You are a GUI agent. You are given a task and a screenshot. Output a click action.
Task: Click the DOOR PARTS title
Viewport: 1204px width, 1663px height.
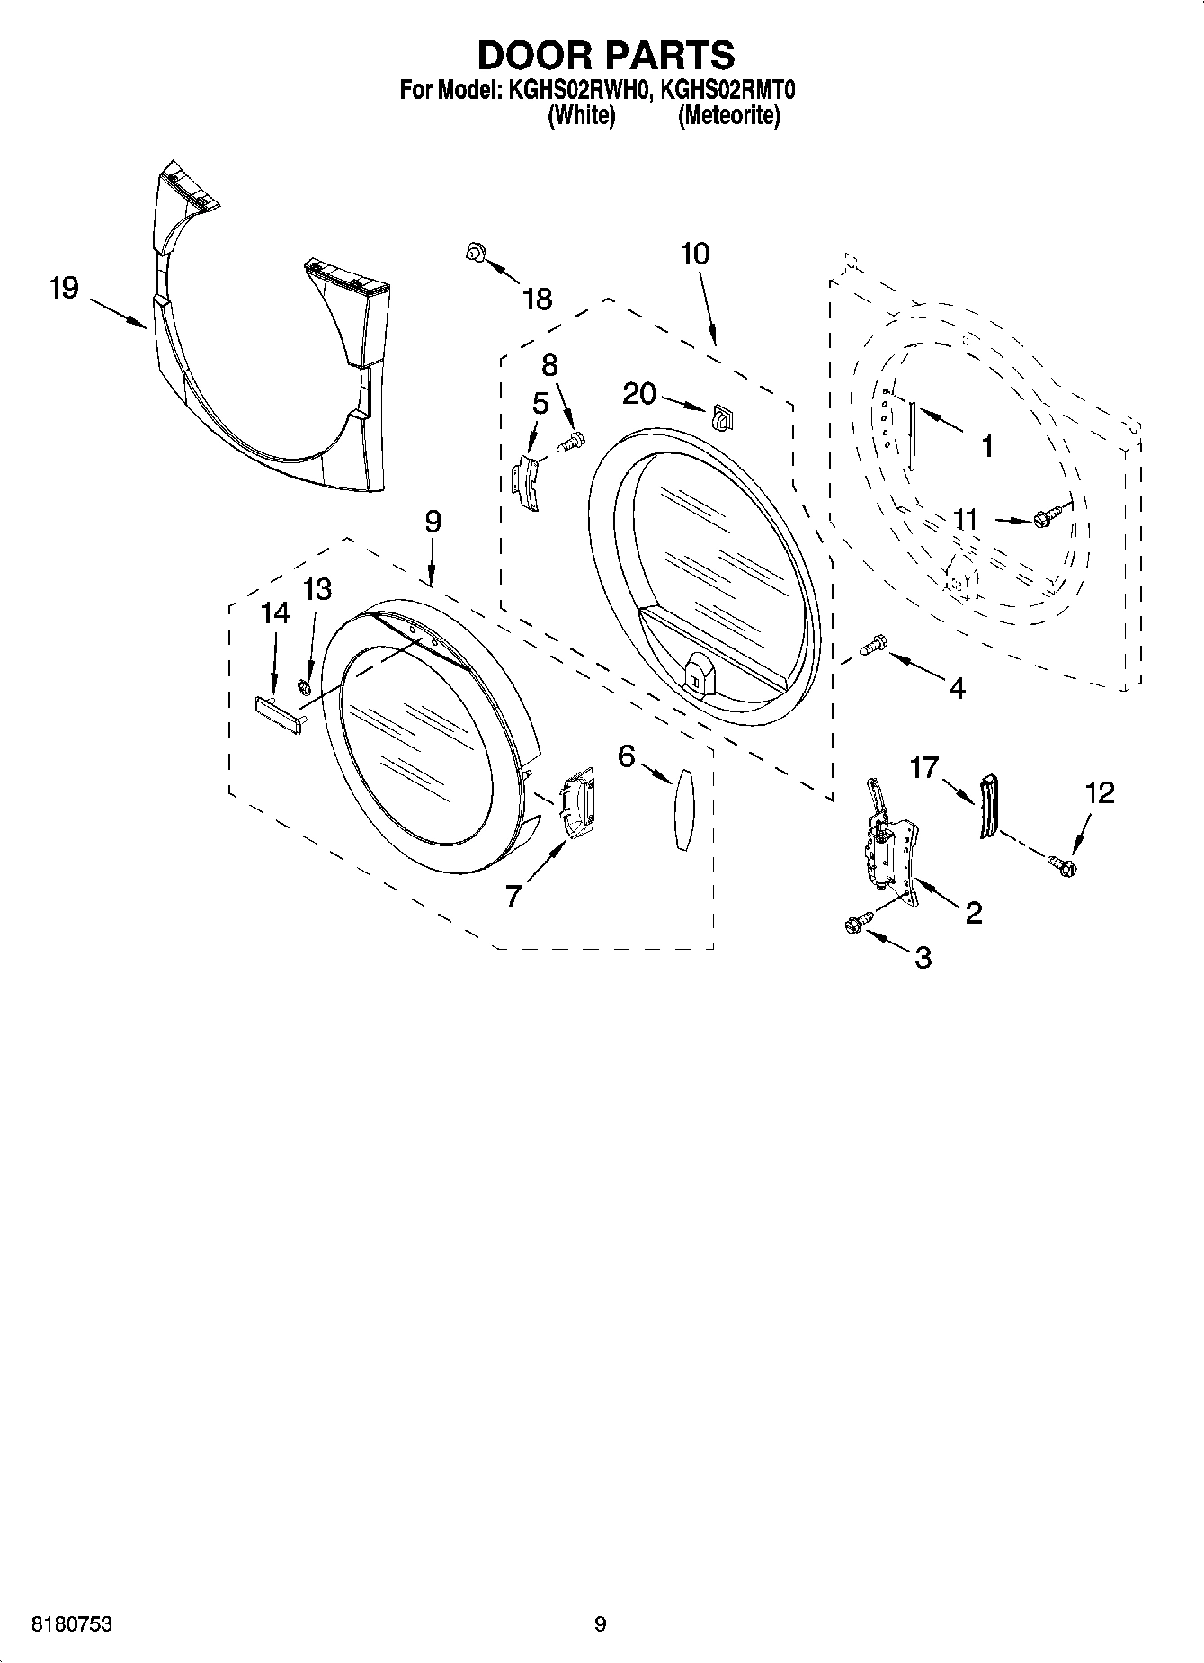point(605,56)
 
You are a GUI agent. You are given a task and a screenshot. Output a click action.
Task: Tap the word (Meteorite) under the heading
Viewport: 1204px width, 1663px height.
point(729,116)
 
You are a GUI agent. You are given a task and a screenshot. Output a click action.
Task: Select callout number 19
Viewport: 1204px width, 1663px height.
point(64,290)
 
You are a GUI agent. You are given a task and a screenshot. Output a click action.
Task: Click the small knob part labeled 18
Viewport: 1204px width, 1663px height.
point(474,254)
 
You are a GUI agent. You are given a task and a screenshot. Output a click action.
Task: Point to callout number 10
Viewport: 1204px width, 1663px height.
point(695,255)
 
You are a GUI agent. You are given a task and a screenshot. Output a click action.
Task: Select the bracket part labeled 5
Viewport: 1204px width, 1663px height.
point(526,481)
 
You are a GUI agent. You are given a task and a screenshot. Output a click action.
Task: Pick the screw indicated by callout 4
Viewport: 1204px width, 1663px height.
point(873,644)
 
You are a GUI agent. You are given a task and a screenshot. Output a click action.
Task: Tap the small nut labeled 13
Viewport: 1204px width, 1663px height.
point(304,688)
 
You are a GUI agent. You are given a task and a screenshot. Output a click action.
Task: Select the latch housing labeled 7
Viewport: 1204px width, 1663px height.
point(575,803)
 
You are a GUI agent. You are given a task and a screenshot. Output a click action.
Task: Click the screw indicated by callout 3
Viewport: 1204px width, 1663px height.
point(857,923)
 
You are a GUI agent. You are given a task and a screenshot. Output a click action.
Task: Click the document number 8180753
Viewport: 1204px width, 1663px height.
point(72,1624)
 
